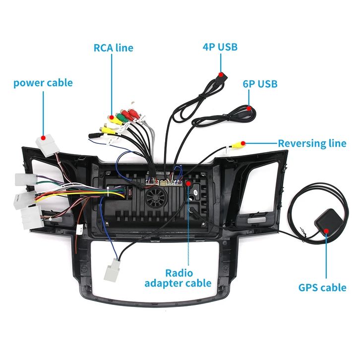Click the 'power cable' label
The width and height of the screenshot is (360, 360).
click(43, 82)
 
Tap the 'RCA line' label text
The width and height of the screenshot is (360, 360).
click(114, 48)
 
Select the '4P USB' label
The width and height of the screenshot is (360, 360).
click(220, 47)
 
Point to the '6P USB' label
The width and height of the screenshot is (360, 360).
click(259, 83)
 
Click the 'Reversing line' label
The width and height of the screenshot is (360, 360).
click(311, 143)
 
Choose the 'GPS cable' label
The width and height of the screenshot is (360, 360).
click(322, 288)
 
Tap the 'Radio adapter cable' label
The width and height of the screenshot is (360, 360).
click(178, 278)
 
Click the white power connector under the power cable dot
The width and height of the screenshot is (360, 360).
click(47, 147)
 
